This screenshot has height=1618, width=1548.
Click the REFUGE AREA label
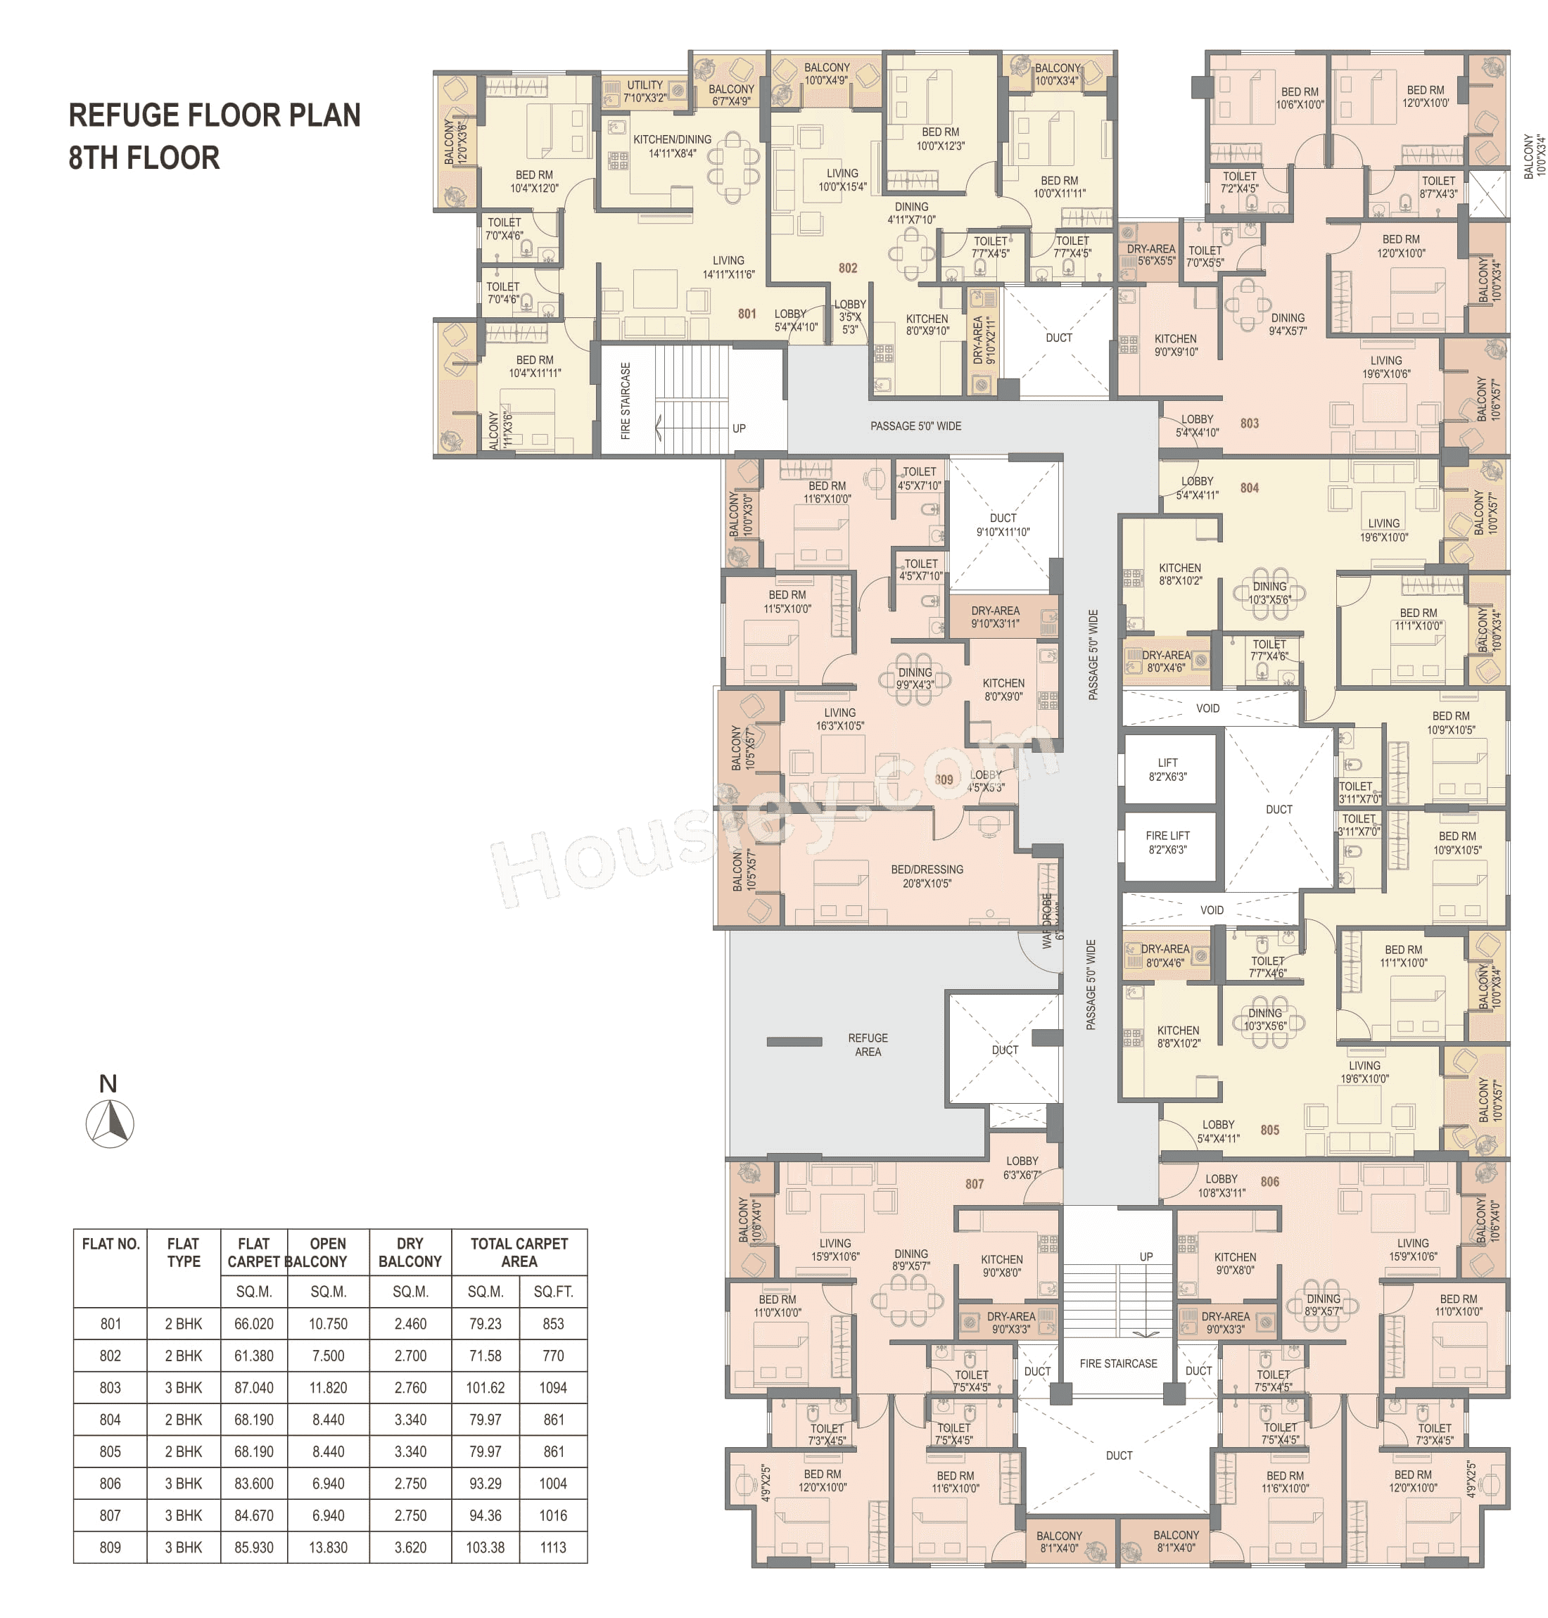point(868,1045)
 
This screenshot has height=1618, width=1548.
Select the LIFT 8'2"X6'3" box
point(1167,770)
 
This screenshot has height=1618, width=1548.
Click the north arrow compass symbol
point(110,1123)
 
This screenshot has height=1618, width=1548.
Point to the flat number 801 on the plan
point(747,314)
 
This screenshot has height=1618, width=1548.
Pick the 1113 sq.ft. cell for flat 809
point(553,1547)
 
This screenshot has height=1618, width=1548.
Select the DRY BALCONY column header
point(410,1252)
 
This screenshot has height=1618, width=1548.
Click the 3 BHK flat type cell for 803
point(183,1387)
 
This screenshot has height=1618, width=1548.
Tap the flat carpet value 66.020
point(253,1323)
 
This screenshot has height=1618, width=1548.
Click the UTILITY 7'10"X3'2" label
point(645,91)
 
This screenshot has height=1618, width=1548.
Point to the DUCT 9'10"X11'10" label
point(1003,525)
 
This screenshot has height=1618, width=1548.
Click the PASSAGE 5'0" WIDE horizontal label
point(915,426)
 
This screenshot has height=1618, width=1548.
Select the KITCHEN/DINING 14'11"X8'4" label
point(672,146)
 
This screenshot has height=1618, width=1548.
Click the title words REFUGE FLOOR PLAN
point(214,115)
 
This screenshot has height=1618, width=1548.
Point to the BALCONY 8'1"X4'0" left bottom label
point(1059,1541)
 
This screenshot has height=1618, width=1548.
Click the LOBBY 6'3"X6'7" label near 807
point(1022,1168)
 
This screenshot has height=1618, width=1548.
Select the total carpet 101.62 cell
point(486,1387)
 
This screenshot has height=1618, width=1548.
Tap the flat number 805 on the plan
point(1270,1130)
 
